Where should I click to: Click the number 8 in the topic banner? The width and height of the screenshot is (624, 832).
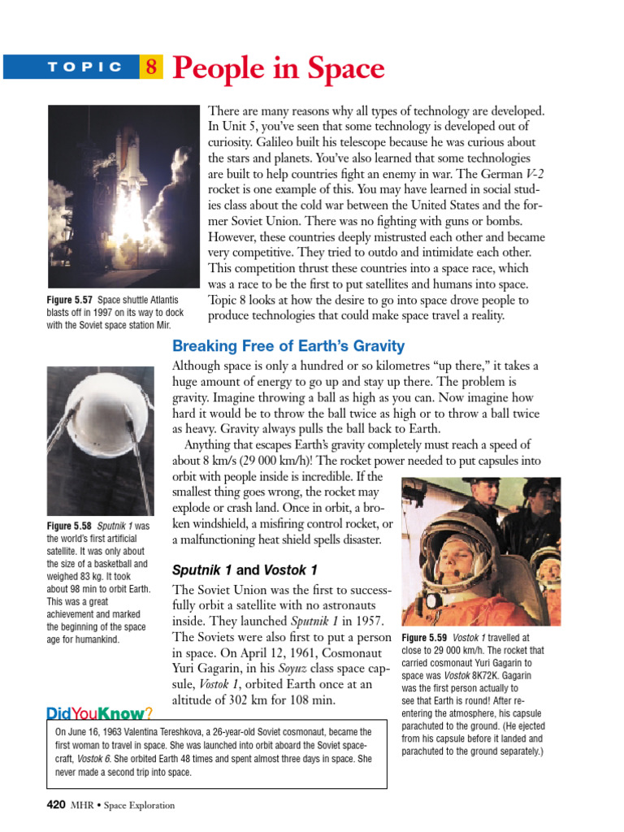tap(151, 67)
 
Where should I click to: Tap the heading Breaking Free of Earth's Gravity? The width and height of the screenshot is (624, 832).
tap(288, 346)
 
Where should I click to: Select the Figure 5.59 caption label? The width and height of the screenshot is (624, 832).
tap(425, 639)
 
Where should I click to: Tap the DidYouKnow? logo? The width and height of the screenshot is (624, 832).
tap(100, 713)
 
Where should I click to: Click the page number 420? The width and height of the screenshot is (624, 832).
tap(55, 805)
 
